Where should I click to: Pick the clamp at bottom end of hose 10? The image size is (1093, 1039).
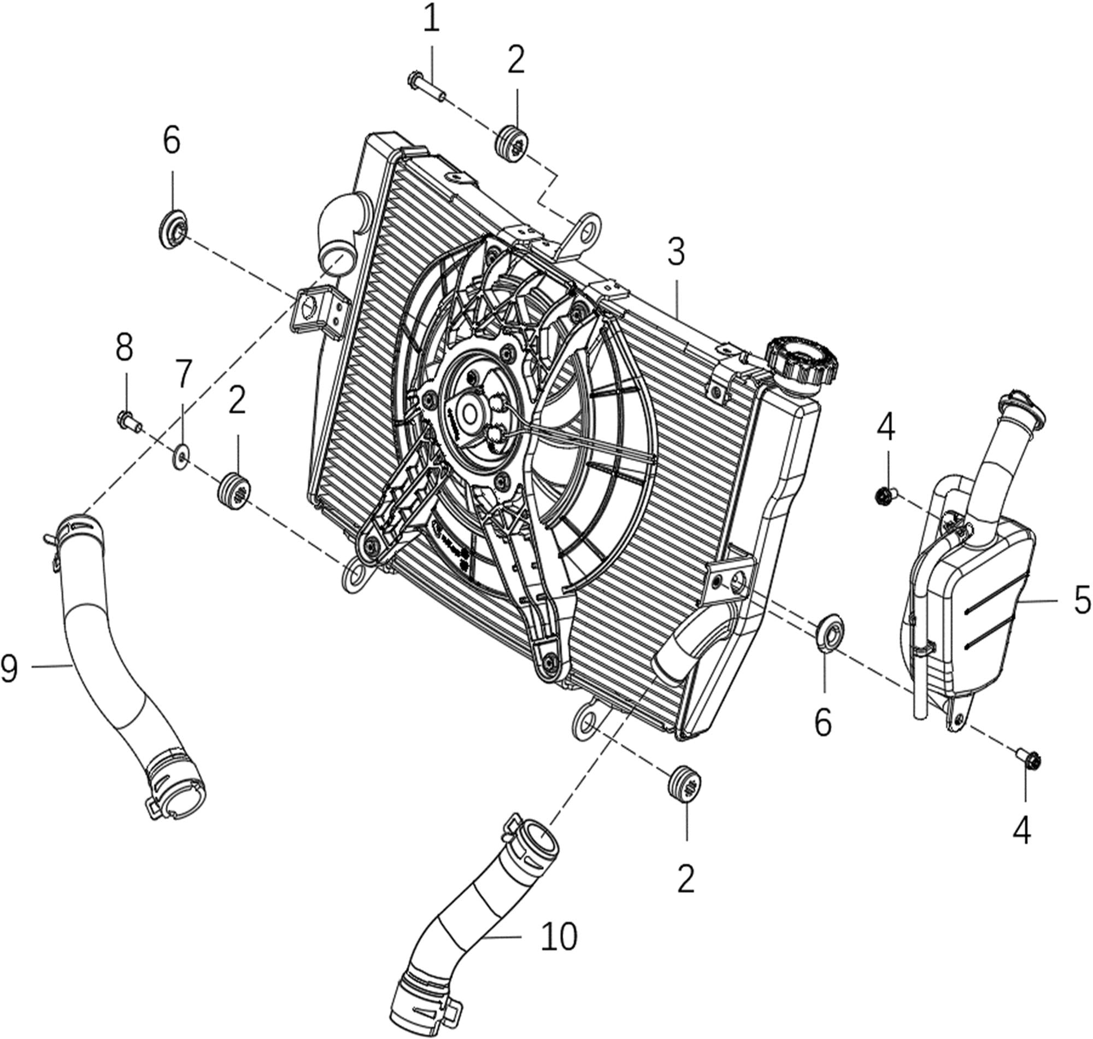(426, 1005)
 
